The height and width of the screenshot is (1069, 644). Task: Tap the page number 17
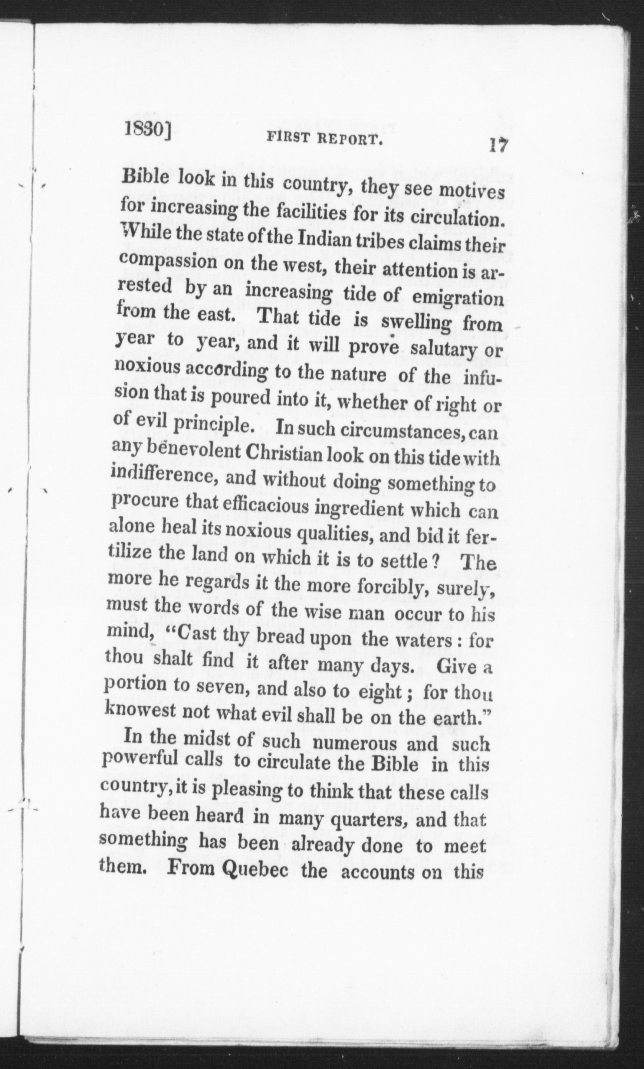[x=498, y=145]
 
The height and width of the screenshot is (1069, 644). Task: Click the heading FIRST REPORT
[x=324, y=139]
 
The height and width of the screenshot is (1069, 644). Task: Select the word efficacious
[x=269, y=506]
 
